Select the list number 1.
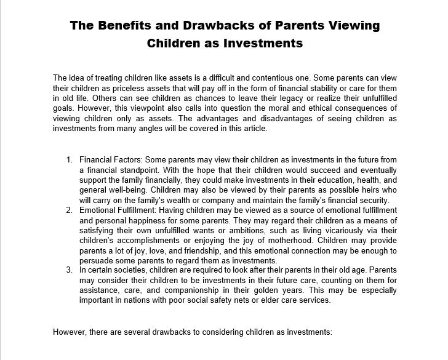coord(69,160)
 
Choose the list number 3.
coord(69,269)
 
